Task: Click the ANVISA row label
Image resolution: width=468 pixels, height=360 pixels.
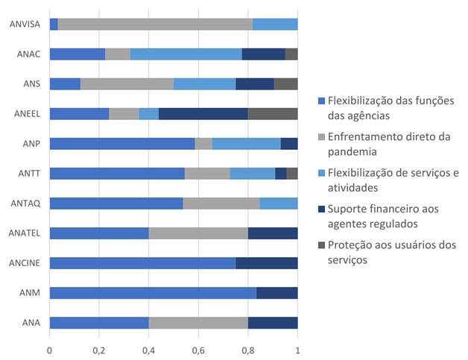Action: [25, 25]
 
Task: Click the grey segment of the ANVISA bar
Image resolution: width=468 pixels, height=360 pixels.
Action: [155, 25]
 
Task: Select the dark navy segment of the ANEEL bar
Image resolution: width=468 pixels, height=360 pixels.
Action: [203, 114]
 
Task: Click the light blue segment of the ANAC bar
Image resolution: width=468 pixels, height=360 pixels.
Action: [186, 54]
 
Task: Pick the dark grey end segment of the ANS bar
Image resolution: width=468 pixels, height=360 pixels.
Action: [286, 84]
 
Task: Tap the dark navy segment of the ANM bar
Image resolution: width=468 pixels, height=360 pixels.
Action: [277, 293]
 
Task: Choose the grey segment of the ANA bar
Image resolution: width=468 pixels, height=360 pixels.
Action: [198, 323]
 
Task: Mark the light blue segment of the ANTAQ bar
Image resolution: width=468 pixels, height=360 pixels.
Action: [279, 203]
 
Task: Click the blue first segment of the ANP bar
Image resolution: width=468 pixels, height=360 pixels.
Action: [121, 144]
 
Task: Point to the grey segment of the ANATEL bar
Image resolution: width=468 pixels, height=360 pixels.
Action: [198, 233]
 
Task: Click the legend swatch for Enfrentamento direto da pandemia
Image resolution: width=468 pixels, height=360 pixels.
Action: [321, 136]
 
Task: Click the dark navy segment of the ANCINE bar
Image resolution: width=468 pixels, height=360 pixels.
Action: [267, 263]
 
